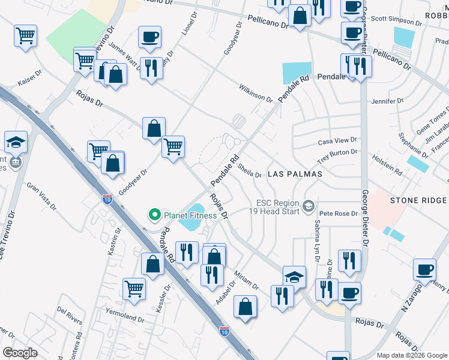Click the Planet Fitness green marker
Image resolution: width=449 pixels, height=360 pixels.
[154, 214]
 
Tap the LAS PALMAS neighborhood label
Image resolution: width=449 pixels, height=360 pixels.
[295, 174]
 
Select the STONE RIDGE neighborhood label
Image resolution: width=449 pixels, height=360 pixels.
[418, 200]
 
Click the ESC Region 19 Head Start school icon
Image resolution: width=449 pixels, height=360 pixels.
[309, 206]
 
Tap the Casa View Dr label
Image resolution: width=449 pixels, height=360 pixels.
[337, 141]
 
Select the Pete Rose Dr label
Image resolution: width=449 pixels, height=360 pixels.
[334, 214]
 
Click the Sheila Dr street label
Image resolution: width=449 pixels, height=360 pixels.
[249, 171]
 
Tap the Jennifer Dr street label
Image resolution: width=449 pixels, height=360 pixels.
[387, 101]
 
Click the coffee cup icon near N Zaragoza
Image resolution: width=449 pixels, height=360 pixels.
[424, 270]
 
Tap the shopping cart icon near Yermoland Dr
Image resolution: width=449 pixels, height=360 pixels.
[134, 289]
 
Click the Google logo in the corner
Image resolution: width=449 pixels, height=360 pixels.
[20, 352]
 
